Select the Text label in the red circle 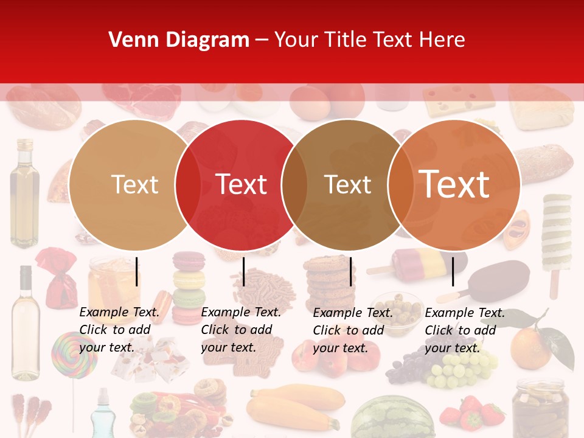242,184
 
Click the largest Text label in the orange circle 454,184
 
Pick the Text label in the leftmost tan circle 134,184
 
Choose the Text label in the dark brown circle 347,184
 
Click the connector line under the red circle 243,271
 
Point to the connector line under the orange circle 453,271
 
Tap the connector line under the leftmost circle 137,271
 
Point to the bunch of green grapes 462,368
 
